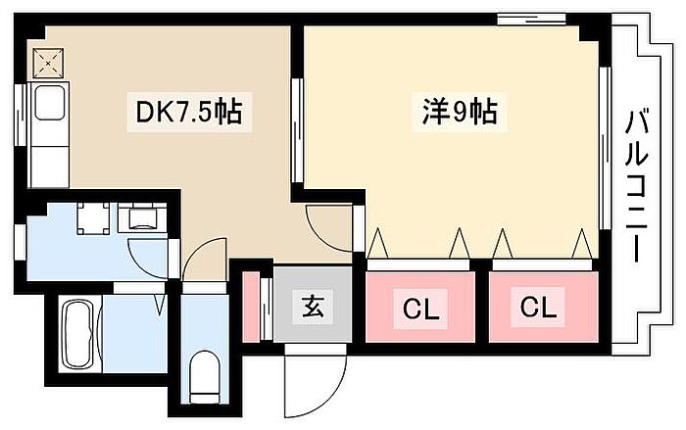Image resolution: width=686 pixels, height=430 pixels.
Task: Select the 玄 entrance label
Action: click(312, 306)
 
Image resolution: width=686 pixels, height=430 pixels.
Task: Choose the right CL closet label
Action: click(537, 308)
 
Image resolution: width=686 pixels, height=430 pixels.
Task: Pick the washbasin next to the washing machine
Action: click(143, 217)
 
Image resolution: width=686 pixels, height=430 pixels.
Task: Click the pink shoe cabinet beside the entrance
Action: click(251, 307)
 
